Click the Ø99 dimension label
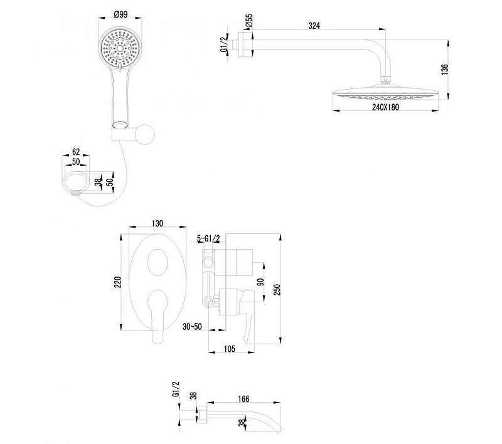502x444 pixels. tap(120, 14)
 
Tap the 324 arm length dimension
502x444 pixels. tap(314, 26)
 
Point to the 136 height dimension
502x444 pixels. tap(445, 70)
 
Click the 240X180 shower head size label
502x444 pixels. tap(385, 107)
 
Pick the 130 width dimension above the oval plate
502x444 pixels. tap(158, 223)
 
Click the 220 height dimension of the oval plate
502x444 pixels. tap(118, 282)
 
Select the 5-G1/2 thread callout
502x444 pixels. tap(208, 238)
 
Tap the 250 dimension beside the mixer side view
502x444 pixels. tap(277, 289)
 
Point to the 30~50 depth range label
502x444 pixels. tap(192, 327)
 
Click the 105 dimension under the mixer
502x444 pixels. tap(229, 349)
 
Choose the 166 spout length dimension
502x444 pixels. tap(243, 399)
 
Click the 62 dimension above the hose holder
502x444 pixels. tap(76, 152)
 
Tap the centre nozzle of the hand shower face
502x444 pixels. tap(120, 48)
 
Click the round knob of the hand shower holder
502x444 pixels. tap(145, 134)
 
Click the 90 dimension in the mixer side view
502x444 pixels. tap(260, 282)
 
